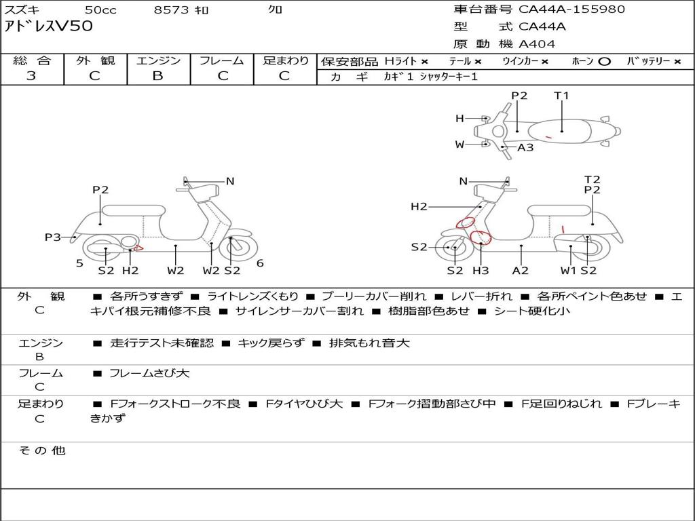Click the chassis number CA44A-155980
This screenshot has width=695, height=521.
(571, 9)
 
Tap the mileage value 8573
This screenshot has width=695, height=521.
(172, 10)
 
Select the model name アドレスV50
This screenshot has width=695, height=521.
(49, 27)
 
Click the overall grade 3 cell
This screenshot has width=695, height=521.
(31, 76)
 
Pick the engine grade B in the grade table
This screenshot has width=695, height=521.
(157, 76)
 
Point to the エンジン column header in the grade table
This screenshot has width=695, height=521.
(158, 61)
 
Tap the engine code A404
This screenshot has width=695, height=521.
(537, 44)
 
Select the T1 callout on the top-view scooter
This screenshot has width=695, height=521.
(561, 96)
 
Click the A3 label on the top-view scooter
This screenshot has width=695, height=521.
(525, 147)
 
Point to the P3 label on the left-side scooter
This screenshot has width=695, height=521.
(53, 237)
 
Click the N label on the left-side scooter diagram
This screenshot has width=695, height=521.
(230, 181)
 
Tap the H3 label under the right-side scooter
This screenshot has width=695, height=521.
(481, 271)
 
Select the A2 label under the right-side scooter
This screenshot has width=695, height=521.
(521, 271)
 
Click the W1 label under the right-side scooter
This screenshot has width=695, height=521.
(568, 271)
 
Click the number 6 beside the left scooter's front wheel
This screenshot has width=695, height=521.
(260, 263)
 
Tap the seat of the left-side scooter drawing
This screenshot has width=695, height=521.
(133, 210)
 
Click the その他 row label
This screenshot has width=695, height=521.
(41, 450)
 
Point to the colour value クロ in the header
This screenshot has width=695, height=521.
(275, 10)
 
